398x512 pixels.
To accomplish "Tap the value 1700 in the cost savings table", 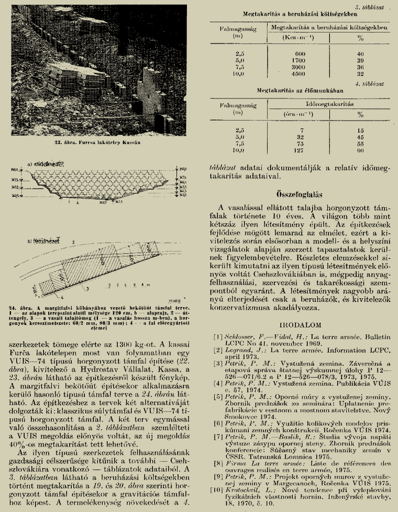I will tap(300, 60).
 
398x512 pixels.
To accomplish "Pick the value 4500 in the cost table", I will tap(300, 73).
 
